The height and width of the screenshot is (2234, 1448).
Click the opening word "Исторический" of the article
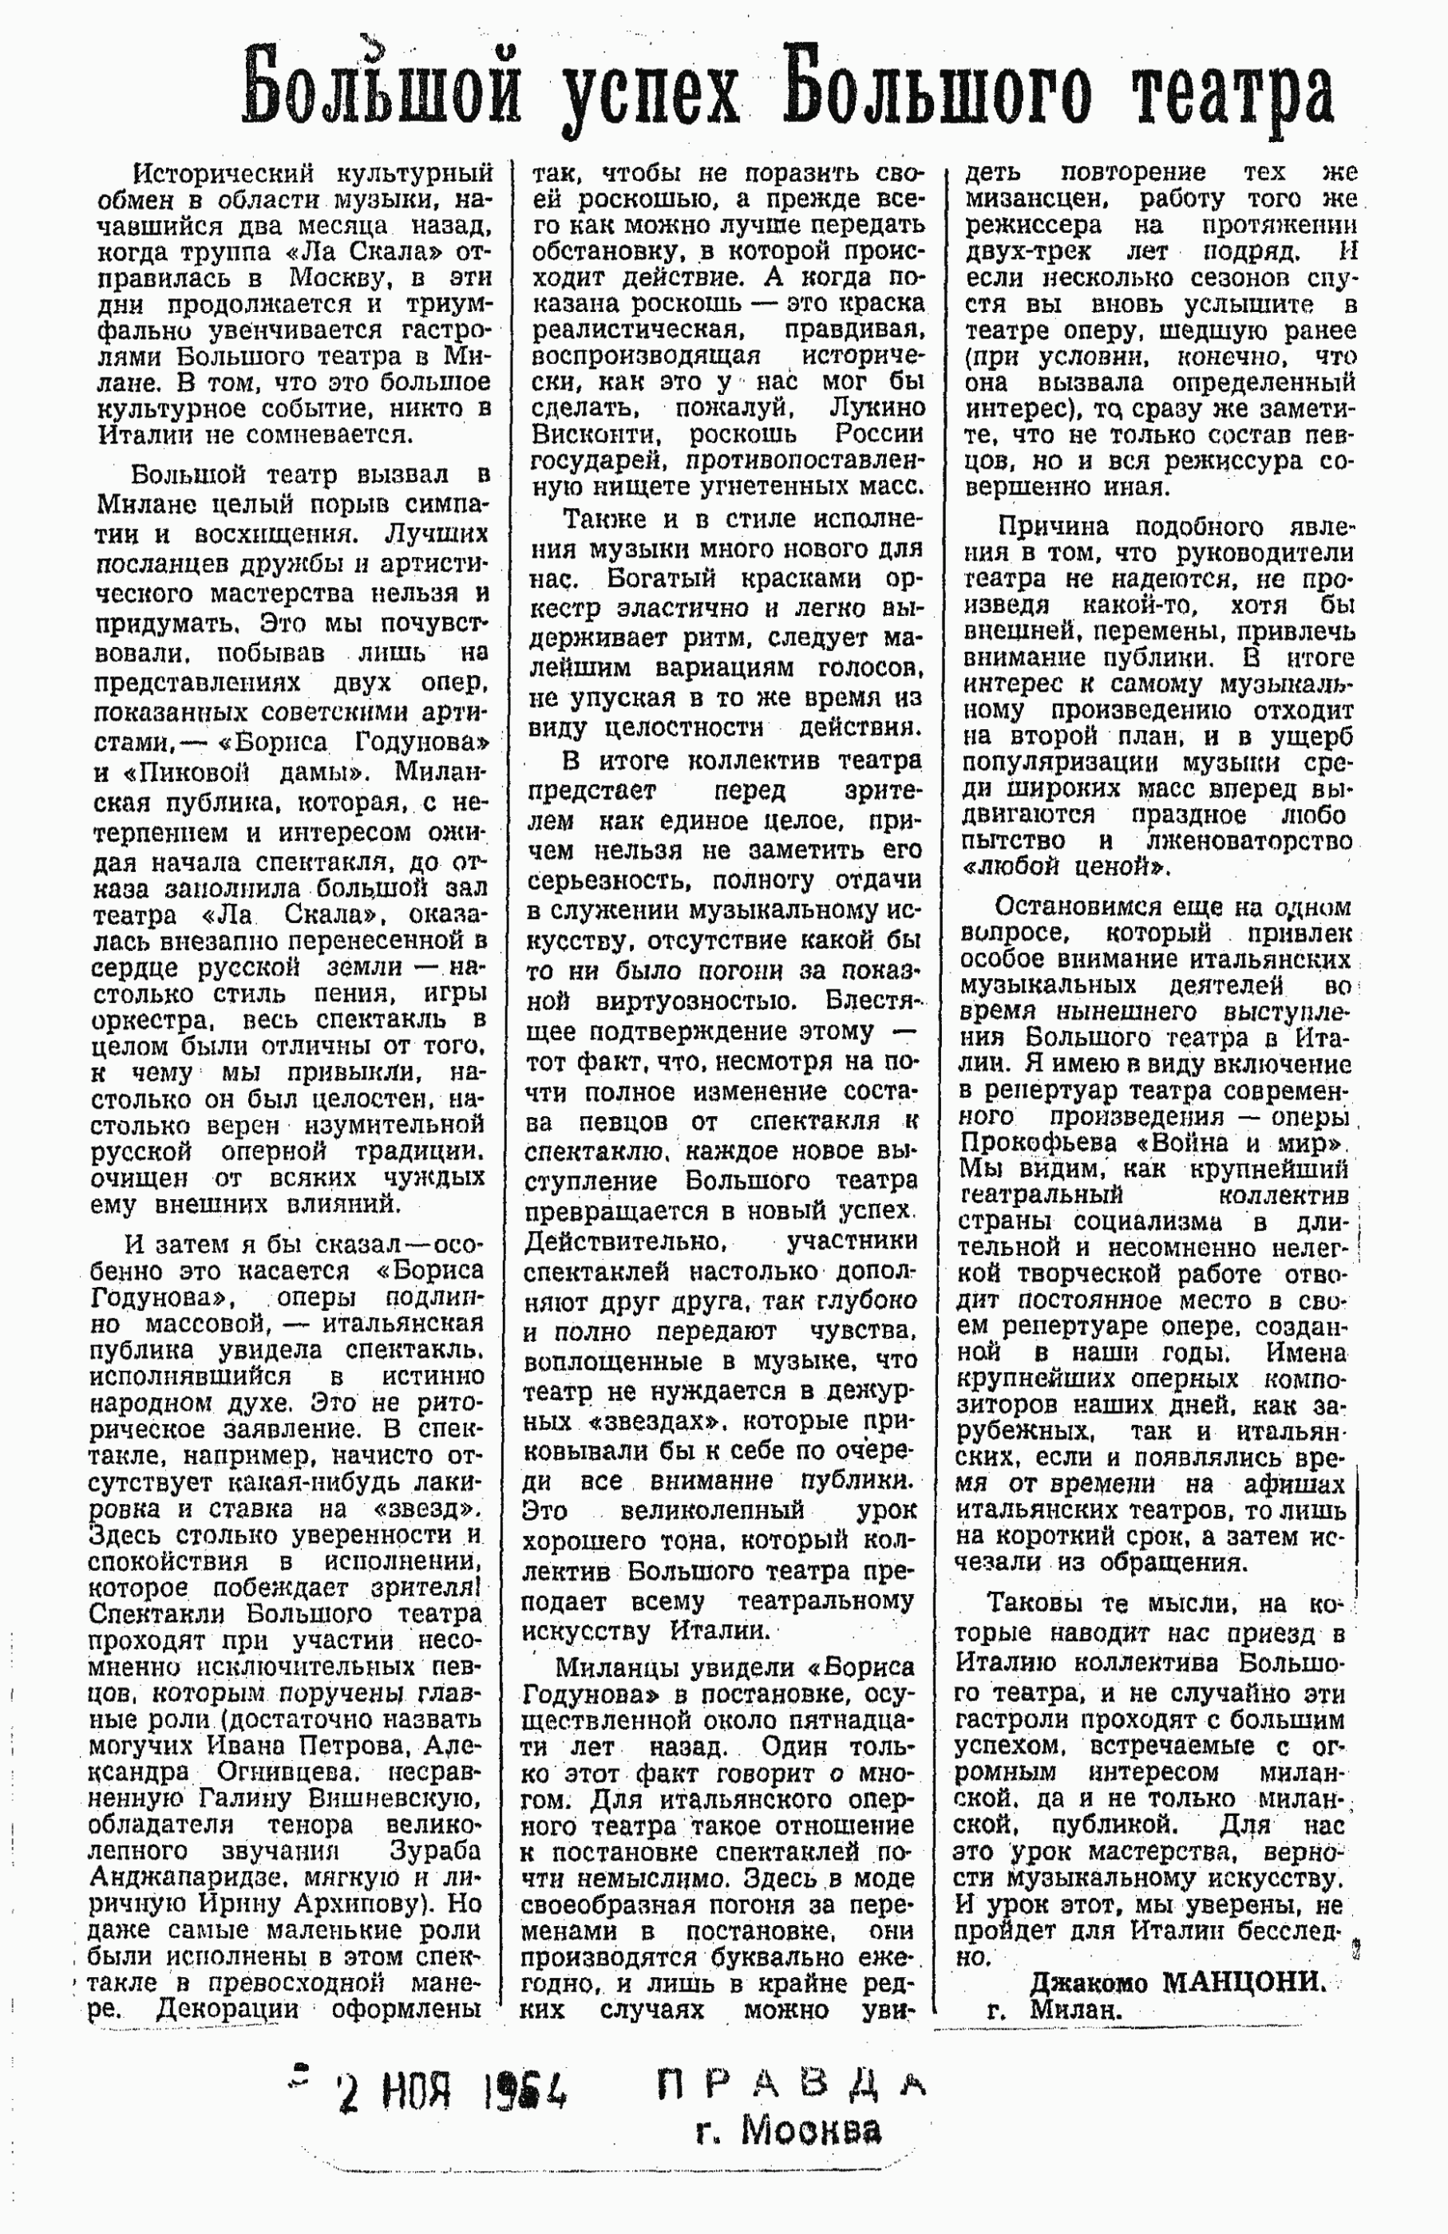[x=220, y=174]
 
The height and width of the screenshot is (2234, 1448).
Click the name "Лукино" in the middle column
[x=877, y=409]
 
